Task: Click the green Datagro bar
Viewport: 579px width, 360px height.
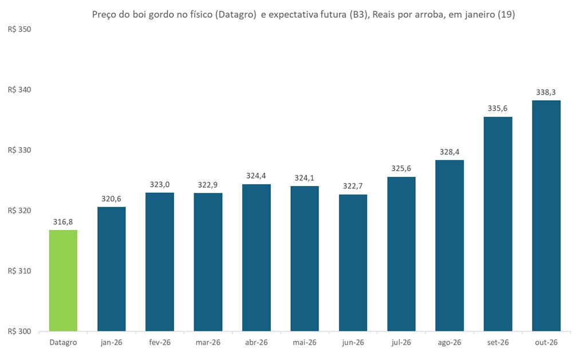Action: (x=63, y=280)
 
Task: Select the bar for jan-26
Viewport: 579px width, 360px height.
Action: (x=111, y=269)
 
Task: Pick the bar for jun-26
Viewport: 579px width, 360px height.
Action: (x=353, y=263)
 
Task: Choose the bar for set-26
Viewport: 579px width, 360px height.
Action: (x=498, y=224)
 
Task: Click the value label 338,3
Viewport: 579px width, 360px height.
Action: (x=546, y=91)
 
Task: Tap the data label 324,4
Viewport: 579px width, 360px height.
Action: (x=256, y=175)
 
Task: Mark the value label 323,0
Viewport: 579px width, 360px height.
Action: (x=160, y=184)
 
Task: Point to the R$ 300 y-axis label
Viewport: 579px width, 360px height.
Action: (x=19, y=331)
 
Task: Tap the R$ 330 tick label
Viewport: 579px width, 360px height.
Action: (x=19, y=150)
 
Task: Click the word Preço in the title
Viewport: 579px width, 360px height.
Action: (x=104, y=15)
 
